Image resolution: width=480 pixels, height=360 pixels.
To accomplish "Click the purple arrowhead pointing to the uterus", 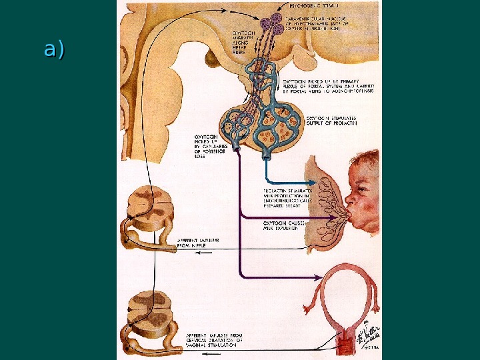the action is pyautogui.click(x=318, y=276).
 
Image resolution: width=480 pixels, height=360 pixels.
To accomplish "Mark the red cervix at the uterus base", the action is pyautogui.click(x=346, y=346).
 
